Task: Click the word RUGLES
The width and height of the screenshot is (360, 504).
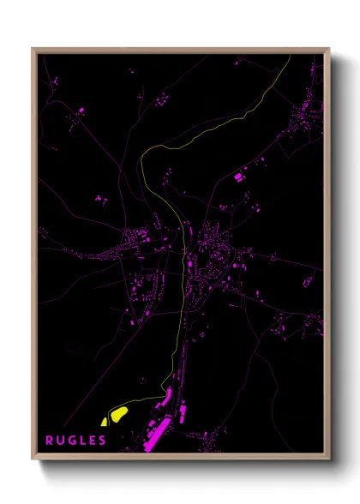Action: [x=76, y=441]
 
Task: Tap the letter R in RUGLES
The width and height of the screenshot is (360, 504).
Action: [x=50, y=441]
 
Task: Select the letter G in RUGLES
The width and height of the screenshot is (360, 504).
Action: [x=71, y=441]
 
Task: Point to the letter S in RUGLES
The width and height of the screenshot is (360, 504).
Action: [x=103, y=441]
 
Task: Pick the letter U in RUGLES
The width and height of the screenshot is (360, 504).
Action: [x=60, y=441]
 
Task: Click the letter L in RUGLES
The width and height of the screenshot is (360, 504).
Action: [x=82, y=441]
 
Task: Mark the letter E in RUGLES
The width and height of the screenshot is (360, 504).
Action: [x=93, y=441]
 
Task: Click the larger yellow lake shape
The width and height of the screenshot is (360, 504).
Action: [x=118, y=414]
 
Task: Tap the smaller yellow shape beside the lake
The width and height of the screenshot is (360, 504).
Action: [x=104, y=421]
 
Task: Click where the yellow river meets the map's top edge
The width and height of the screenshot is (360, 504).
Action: [x=290, y=56]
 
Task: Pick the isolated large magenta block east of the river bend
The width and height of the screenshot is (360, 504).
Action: [x=239, y=177]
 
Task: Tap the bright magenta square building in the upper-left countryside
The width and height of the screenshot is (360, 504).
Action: [x=82, y=111]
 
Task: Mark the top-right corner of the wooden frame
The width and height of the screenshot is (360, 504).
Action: [x=328, y=49]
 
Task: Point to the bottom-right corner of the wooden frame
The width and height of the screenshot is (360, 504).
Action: [x=328, y=457]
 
